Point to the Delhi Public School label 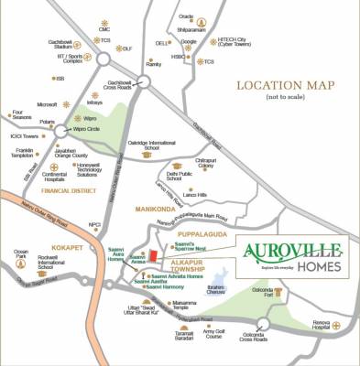point(180,175)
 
